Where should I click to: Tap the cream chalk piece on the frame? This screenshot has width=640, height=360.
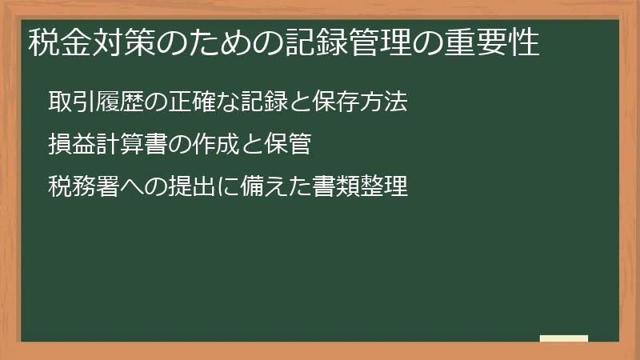tap(564, 338)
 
